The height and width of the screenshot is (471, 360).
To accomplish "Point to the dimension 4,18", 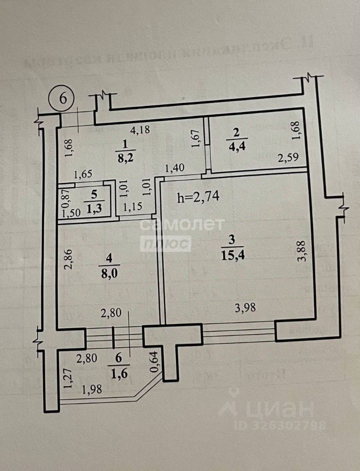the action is [139, 130].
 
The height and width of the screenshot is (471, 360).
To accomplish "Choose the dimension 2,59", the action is [288, 158].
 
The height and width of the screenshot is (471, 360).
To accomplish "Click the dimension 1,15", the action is [132, 207].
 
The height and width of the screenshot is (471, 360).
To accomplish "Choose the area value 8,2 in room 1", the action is [124, 159].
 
